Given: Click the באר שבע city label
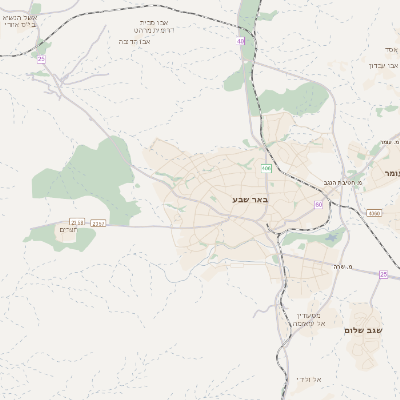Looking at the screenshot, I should [250, 200].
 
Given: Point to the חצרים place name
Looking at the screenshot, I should [68, 230].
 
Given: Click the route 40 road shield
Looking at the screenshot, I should [241, 41].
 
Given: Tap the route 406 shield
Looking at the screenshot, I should [266, 167].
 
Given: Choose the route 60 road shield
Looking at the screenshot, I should [318, 204].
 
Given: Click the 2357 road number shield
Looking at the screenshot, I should [98, 223].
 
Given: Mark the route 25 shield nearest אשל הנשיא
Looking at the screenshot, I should [41, 60].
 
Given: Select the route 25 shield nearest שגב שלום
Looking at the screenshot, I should [383, 273].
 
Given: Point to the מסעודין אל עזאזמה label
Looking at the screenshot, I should [301, 319].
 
